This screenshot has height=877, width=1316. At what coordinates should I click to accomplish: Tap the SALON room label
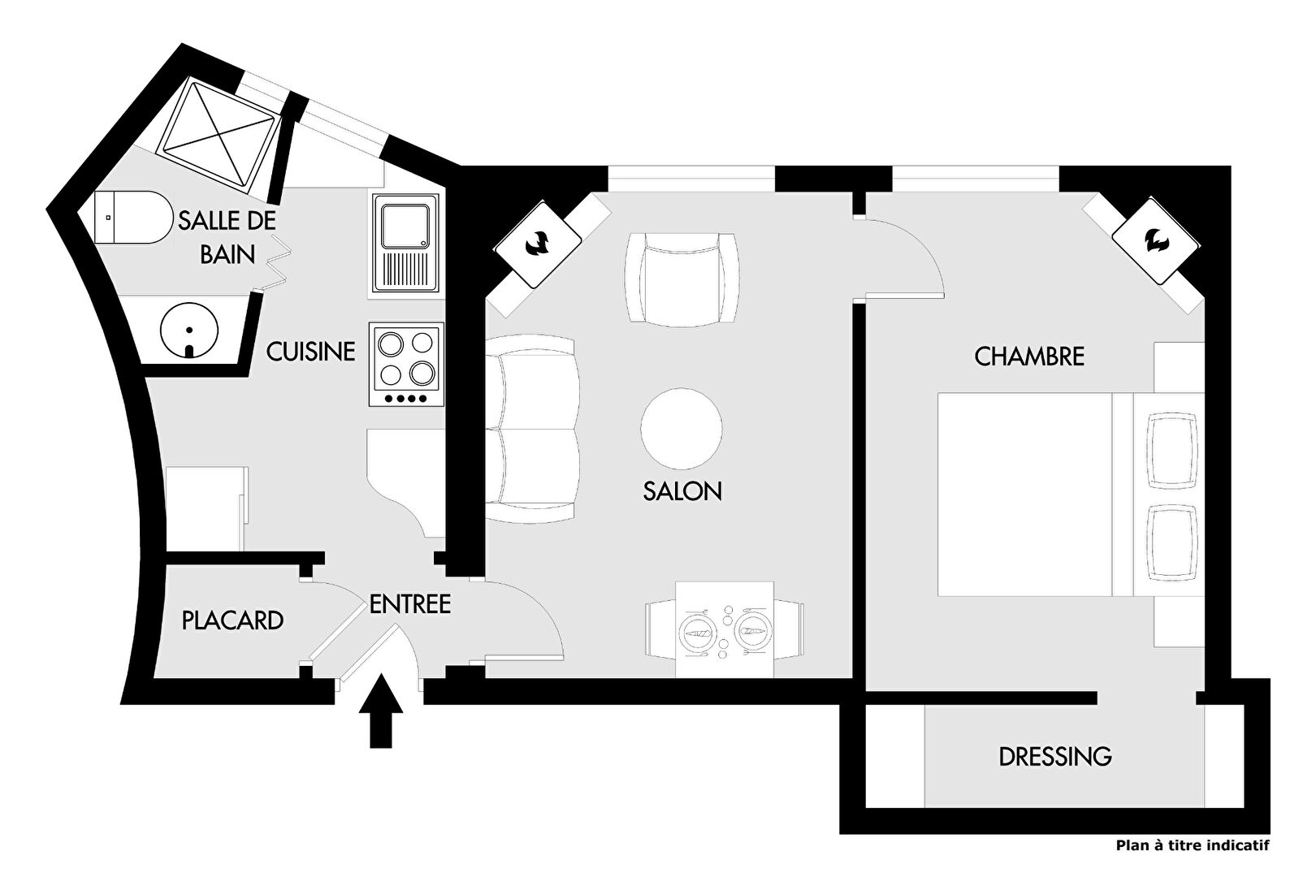coord(682,491)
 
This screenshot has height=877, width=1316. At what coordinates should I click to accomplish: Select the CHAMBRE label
coord(1029,356)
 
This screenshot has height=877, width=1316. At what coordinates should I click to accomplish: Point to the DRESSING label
coord(1055,757)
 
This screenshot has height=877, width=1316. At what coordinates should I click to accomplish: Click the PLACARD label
coord(232,620)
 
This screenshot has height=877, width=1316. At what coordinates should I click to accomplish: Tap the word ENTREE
coord(410,604)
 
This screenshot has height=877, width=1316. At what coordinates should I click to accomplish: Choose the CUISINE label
coord(311,352)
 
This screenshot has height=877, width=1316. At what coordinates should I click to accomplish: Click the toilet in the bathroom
coord(133,217)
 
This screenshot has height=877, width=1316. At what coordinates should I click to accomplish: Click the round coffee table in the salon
coord(682,428)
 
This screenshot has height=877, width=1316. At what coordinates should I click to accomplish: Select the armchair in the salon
coord(682,279)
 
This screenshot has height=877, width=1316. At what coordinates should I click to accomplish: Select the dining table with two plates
coord(725,629)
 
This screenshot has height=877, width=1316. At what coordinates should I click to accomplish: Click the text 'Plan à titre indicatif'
coord(1193,846)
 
